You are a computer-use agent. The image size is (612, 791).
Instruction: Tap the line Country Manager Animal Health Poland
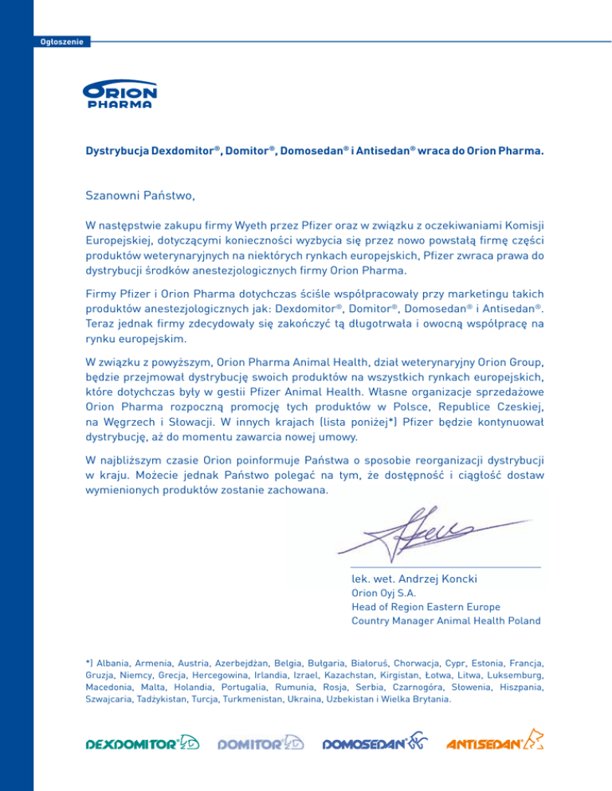pos(445,621)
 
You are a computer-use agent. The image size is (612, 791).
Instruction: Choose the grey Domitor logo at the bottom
pos(261,742)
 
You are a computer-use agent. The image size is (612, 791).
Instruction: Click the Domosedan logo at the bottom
pos(375,742)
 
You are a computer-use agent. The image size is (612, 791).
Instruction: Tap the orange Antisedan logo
pos(495,742)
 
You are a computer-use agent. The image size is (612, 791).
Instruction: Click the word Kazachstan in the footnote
pos(386,675)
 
